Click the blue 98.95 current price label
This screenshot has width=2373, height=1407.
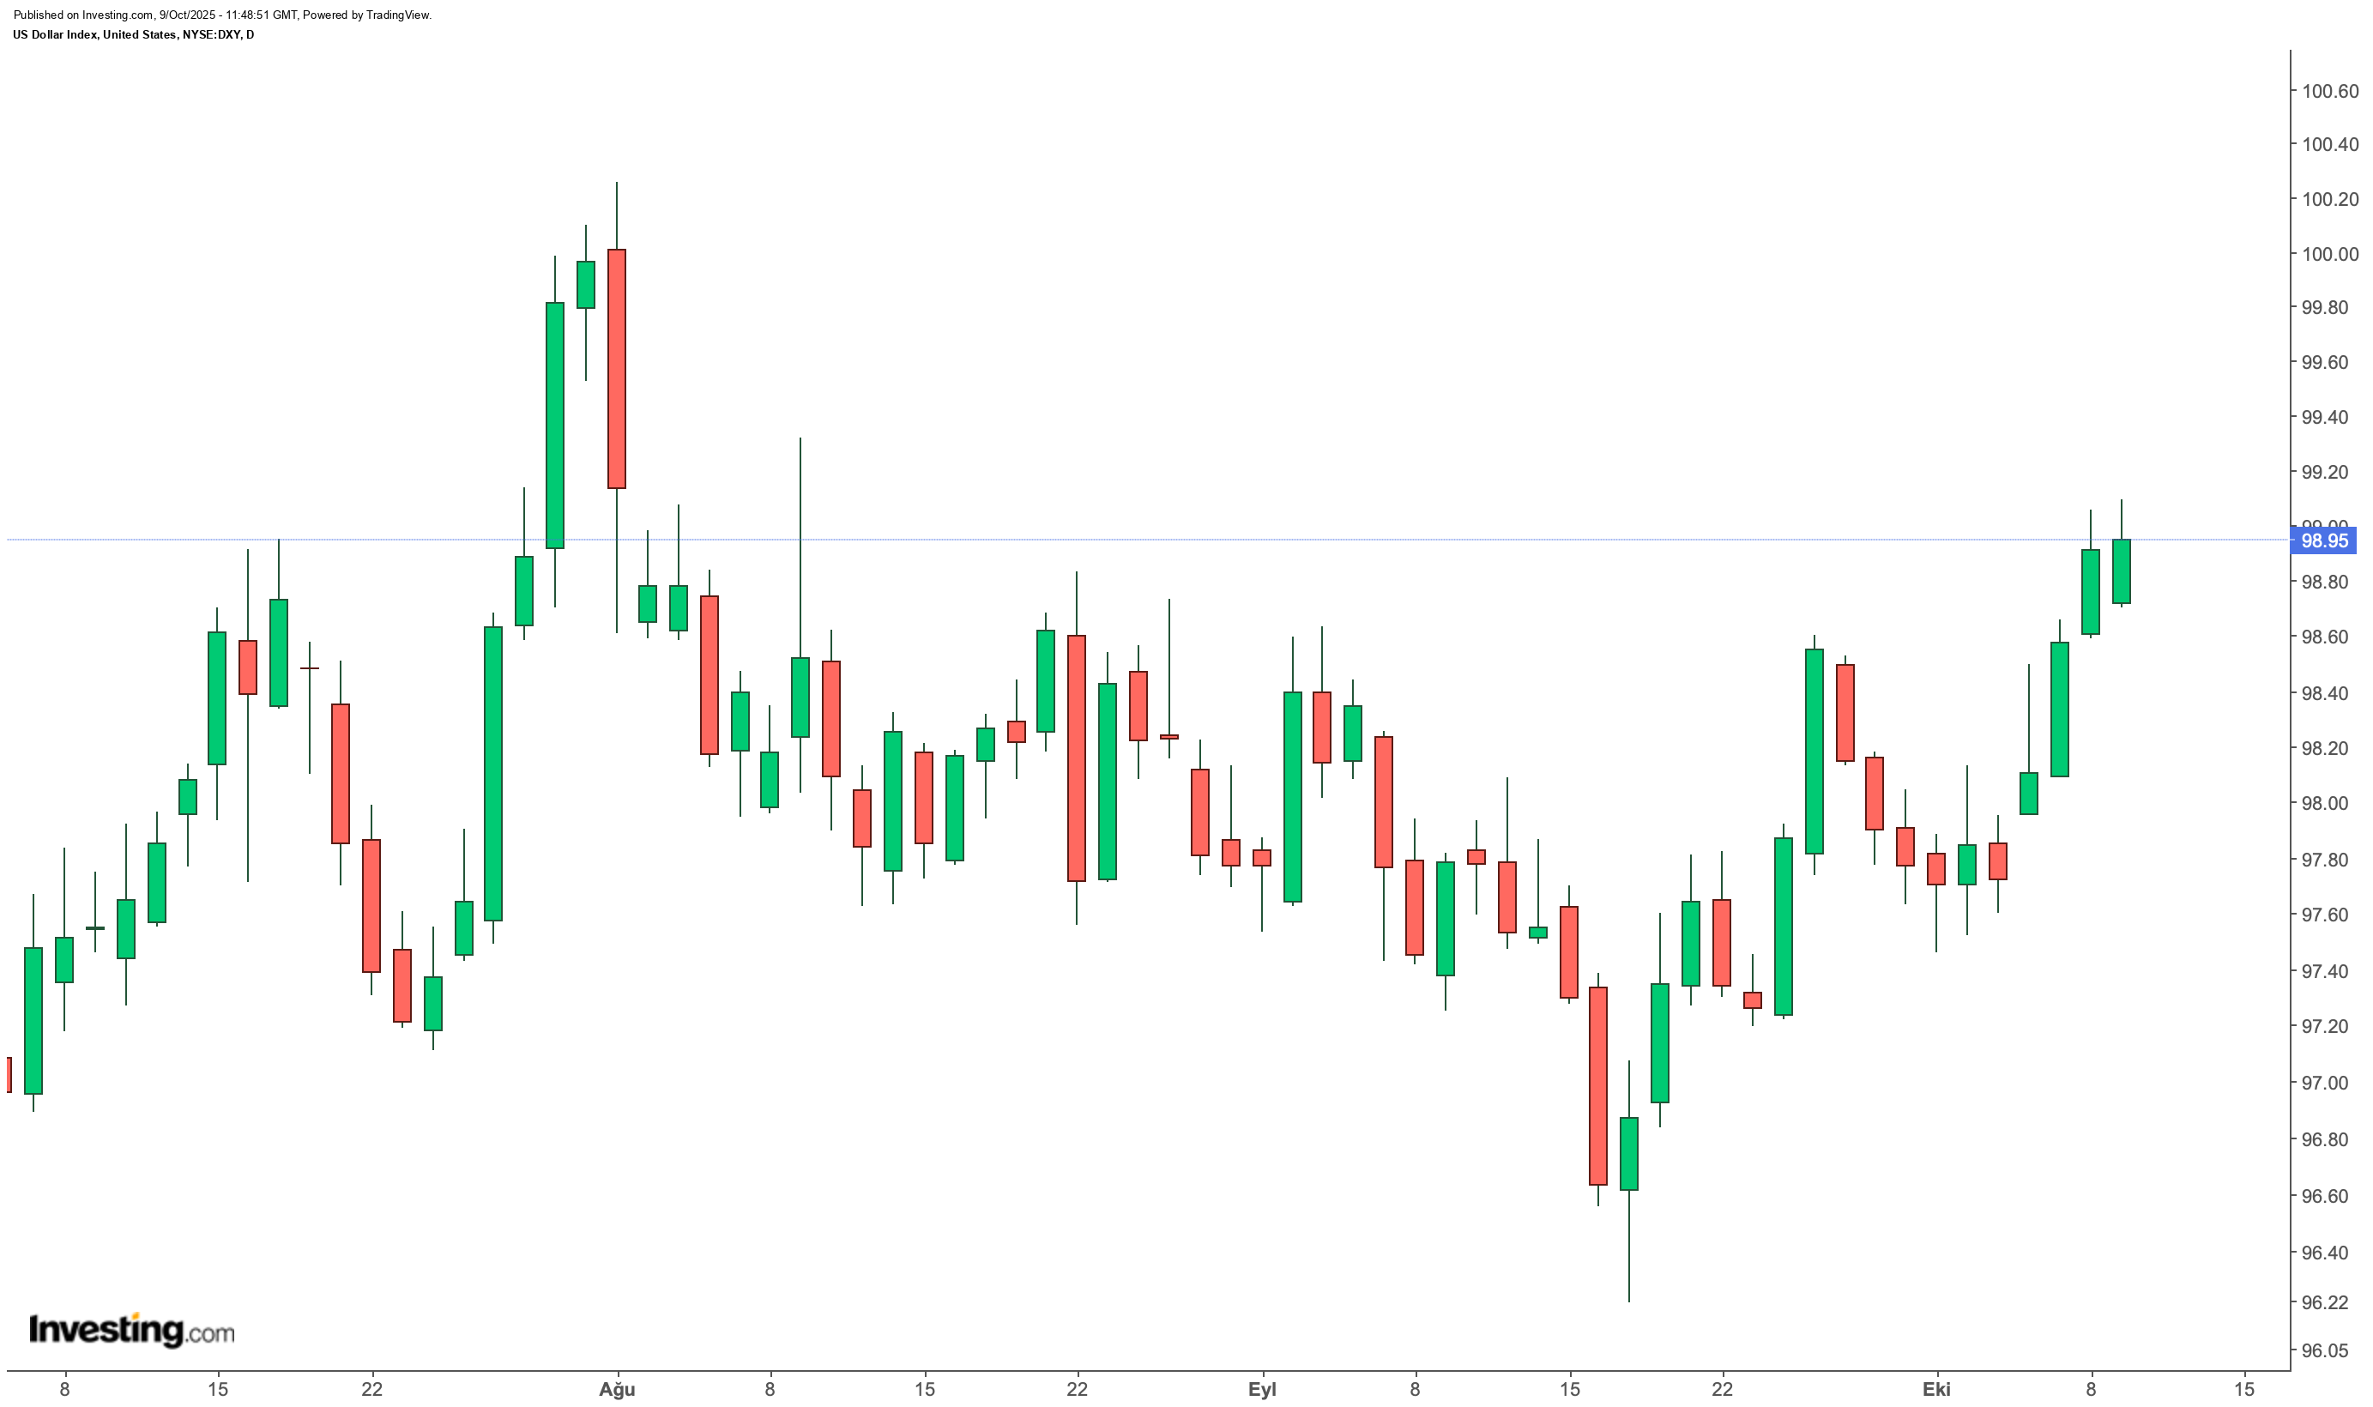coord(2324,540)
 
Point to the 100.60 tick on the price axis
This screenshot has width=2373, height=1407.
coord(2330,91)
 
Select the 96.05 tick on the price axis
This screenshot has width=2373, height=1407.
coord(2330,1350)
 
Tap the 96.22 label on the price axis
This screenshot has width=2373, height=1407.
coord(2330,1301)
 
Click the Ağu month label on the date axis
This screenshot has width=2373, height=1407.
coord(617,1389)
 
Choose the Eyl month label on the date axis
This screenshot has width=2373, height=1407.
coord(1262,1389)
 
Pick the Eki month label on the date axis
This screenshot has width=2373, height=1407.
coord(1936,1389)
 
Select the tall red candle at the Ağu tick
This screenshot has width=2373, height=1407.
coord(616,369)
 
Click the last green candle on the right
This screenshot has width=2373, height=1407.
coord(2122,571)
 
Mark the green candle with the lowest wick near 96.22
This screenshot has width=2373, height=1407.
coord(1629,1153)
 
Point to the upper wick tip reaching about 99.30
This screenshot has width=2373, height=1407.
coord(800,438)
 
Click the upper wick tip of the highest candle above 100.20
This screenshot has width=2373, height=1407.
coord(616,182)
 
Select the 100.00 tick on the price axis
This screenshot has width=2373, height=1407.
coord(2330,253)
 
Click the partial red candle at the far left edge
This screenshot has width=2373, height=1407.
coord(9,1074)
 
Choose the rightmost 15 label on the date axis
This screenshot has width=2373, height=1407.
coord(2244,1389)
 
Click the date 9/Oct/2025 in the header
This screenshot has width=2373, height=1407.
coord(188,15)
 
